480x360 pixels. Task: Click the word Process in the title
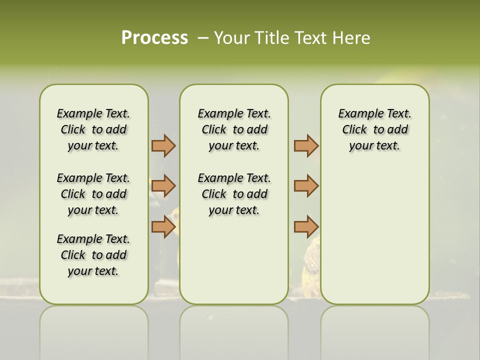154,37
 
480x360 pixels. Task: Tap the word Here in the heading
350,38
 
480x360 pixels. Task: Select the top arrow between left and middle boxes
163,145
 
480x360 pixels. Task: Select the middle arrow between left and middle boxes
163,186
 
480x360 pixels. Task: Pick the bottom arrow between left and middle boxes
163,226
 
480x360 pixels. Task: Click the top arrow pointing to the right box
306,145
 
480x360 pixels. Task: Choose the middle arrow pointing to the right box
306,186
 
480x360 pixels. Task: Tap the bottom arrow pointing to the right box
306,226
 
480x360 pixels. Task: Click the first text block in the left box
93,129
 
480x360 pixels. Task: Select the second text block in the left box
93,194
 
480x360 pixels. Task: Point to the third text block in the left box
93,255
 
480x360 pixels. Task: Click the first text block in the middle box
234,129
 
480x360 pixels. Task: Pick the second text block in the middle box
234,194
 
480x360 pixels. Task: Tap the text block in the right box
374,129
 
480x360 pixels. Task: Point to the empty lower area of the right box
374,235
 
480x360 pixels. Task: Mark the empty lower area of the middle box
234,260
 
